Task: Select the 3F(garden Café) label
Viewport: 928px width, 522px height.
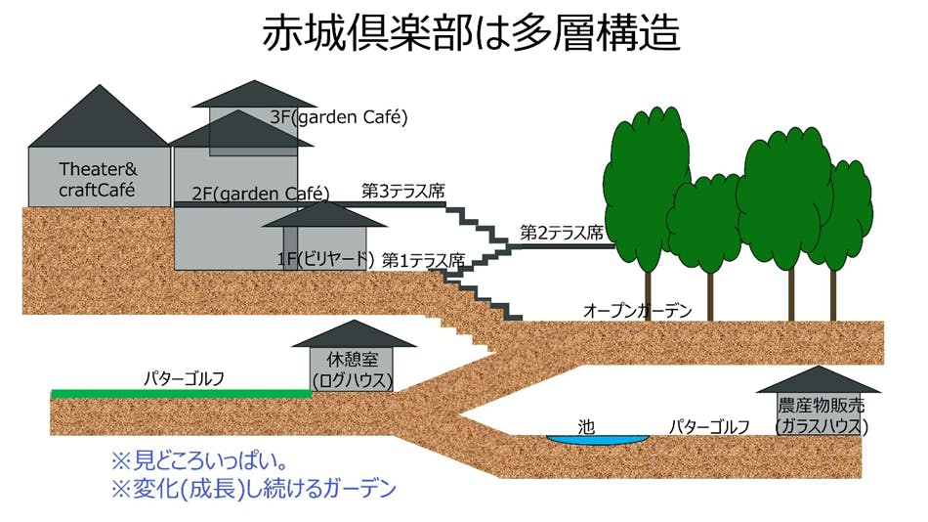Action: (x=338, y=117)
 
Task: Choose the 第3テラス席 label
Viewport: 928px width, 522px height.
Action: (x=402, y=191)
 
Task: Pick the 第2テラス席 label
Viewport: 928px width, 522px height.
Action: (x=560, y=233)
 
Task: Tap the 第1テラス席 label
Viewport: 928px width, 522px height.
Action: (x=423, y=260)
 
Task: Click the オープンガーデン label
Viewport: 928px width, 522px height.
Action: (x=637, y=311)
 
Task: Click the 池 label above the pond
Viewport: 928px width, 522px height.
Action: (x=586, y=426)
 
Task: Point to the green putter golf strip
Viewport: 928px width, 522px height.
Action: (x=181, y=393)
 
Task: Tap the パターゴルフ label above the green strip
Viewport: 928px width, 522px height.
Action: (x=185, y=377)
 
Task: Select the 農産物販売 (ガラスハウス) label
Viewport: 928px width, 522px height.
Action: (x=822, y=415)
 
